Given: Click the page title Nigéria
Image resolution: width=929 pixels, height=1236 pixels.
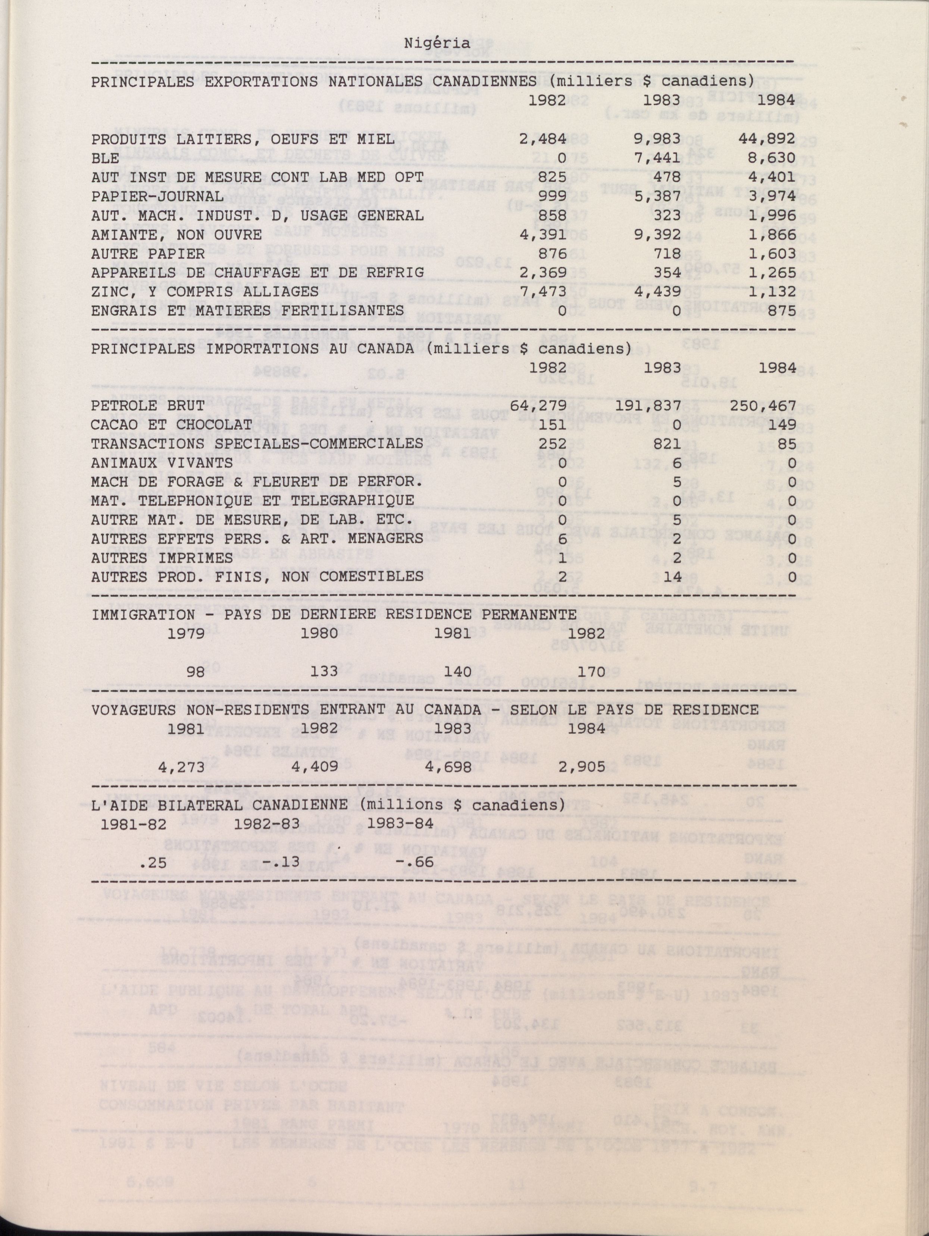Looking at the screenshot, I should tap(445, 43).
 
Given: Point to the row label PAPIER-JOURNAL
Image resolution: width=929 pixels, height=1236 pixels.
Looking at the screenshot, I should tap(157, 196).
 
